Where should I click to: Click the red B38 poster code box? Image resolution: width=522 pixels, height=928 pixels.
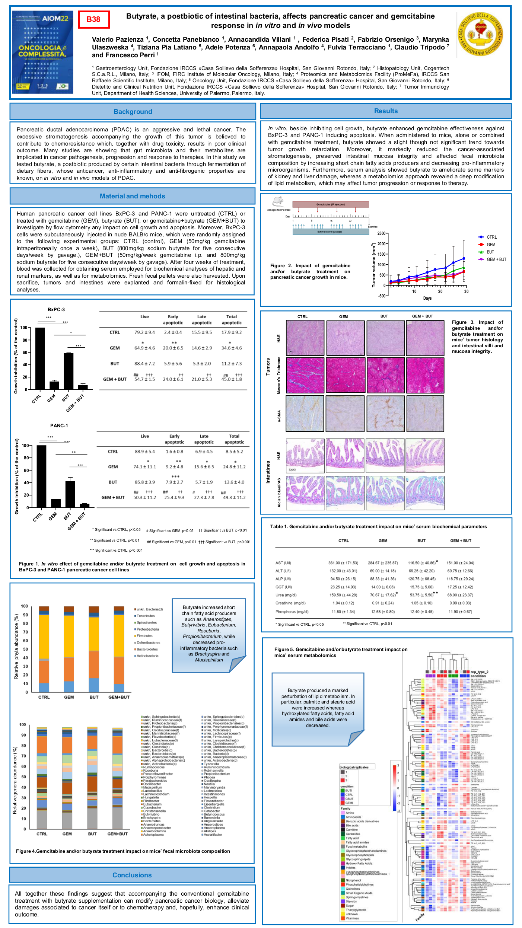94,19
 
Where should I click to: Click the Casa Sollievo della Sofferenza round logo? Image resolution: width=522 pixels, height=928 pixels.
480,34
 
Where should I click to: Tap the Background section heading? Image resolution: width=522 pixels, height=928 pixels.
133,112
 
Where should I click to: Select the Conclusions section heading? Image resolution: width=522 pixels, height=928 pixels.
132,875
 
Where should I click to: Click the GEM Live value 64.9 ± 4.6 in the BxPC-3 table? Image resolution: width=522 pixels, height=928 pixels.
144,348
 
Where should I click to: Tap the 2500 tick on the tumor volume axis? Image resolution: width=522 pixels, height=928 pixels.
381,233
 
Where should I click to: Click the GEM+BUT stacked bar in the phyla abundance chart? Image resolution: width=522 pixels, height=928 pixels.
119,649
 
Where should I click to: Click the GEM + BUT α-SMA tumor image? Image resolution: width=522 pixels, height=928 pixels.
425,414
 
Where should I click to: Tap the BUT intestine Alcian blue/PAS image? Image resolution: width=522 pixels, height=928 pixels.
385,493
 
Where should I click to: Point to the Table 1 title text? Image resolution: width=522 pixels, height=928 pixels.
378,527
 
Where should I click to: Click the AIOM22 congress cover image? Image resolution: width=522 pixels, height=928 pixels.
42,52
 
